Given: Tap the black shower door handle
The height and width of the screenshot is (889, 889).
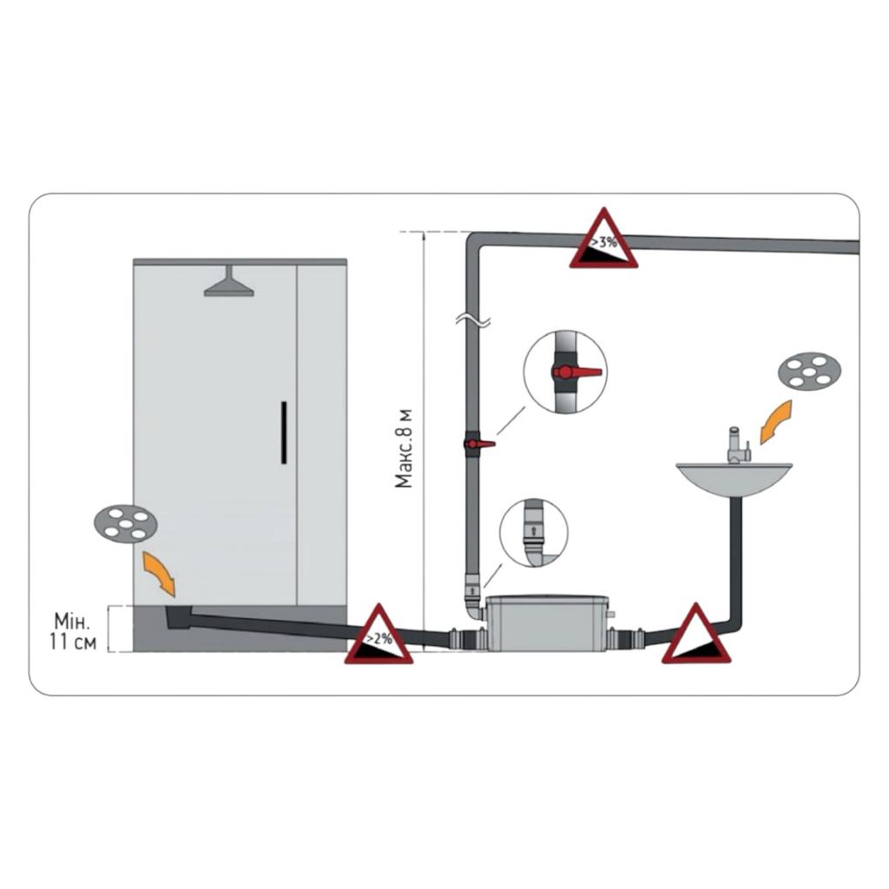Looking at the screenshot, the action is pos(284,432).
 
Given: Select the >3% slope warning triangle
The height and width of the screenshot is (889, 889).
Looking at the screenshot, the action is pos(603,238).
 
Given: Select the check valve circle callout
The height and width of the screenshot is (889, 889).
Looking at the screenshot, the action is pos(534,533).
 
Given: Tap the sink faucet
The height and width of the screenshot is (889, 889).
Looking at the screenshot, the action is pos(739,444).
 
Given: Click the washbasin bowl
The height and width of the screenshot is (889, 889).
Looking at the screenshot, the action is pos(734,479).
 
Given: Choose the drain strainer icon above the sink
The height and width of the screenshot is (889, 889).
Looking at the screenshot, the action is pos(808,372).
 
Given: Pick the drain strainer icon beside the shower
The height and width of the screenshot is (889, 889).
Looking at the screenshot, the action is pos(125,524).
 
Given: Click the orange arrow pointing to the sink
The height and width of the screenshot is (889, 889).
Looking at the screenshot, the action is pos(775,422).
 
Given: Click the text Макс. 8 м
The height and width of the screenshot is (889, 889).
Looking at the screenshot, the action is pos(405,448).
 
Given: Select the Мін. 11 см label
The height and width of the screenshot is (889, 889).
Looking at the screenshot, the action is pos(72,631).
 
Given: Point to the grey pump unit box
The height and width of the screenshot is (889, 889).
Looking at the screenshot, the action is pos(547,622).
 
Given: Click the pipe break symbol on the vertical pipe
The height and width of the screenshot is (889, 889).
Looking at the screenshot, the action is pos(472,321).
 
